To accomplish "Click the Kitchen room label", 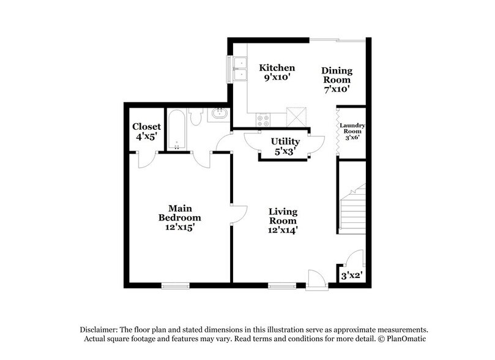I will click(277, 67).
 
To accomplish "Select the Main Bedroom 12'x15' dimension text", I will click(180, 227).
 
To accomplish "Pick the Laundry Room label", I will click(352, 131).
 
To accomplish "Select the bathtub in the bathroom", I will click(177, 130).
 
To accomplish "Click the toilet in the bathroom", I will click(196, 116).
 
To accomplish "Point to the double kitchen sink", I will click(240, 69).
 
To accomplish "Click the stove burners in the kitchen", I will click(264, 119).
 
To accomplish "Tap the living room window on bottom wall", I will click(280, 284).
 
